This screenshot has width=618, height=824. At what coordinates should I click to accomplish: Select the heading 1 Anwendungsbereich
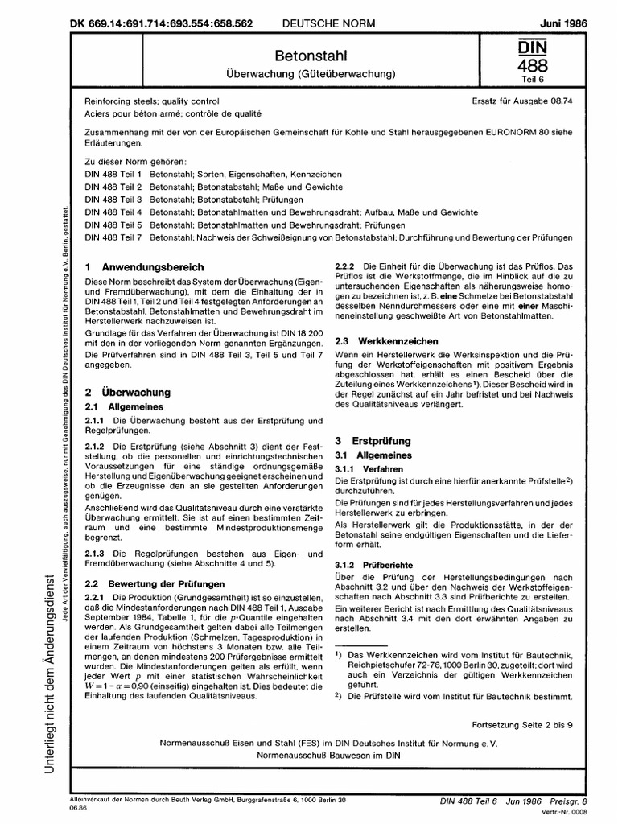[x=144, y=266]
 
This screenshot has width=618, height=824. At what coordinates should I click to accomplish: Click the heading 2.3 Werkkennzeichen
[x=387, y=341]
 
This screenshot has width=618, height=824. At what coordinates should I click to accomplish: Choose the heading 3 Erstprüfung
[x=372, y=441]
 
